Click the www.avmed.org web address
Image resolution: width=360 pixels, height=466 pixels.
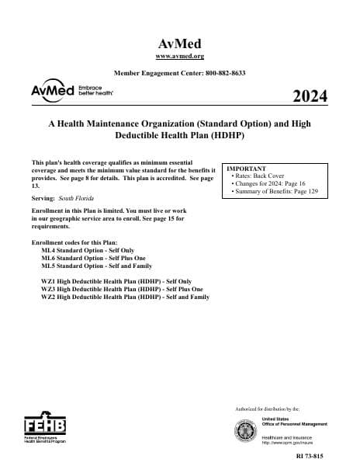coord(179,56)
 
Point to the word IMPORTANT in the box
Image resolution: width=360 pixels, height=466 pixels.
coord(246,169)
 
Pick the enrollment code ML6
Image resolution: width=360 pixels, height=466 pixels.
coord(48,260)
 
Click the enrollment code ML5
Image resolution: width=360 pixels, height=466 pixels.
coord(48,268)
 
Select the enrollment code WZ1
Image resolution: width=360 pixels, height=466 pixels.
coord(48,282)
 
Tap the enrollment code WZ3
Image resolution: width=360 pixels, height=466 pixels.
coord(48,290)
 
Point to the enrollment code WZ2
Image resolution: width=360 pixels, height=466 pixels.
coord(48,297)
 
